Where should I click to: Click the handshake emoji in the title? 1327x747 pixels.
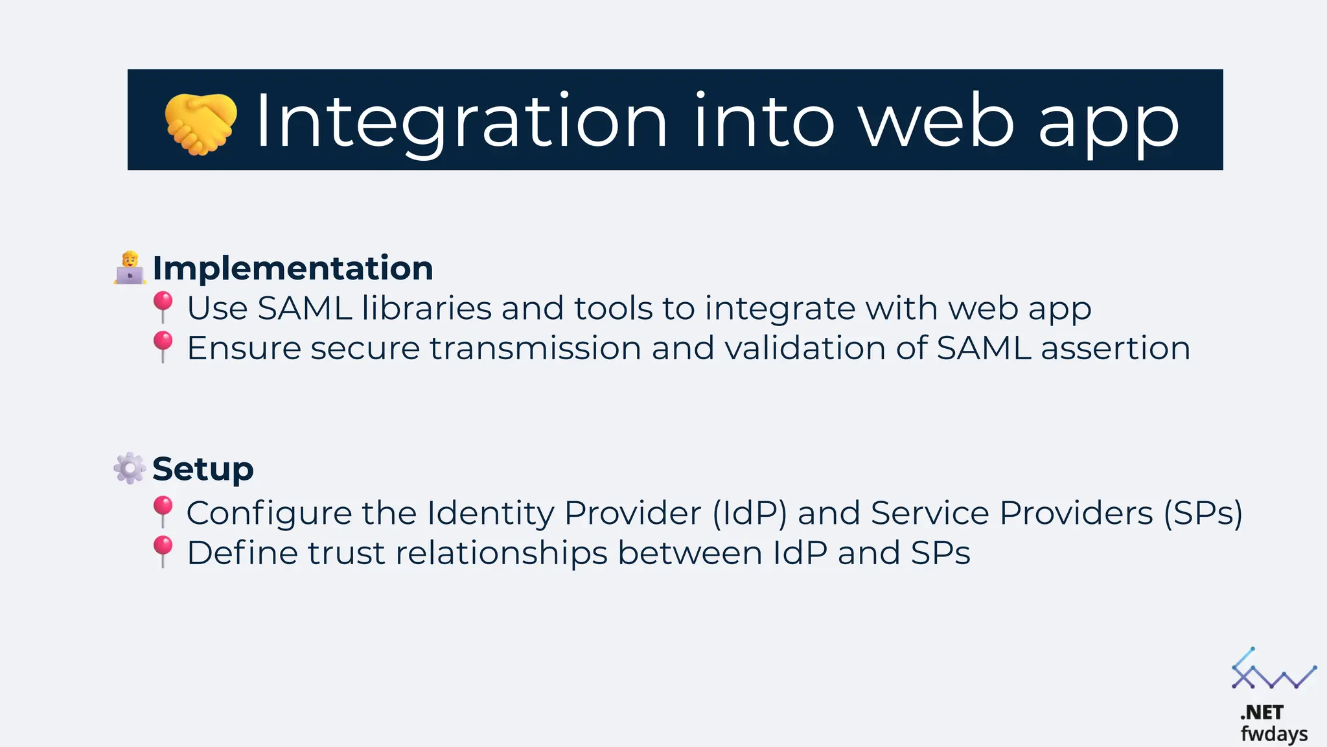click(x=200, y=124)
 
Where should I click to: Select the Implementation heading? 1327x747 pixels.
click(x=292, y=268)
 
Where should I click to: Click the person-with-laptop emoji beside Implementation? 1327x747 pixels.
click(x=130, y=268)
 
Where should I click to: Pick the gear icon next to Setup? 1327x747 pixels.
click(x=130, y=468)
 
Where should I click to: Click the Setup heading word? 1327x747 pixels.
click(x=203, y=469)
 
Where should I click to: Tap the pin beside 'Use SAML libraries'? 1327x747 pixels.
click(x=163, y=306)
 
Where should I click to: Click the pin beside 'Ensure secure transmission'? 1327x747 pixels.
click(x=163, y=346)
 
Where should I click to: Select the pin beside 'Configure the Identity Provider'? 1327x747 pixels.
click(x=163, y=511)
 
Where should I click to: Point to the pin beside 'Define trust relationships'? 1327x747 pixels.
click(x=163, y=551)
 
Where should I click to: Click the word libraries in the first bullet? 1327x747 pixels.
click(x=426, y=308)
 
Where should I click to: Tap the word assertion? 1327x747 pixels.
click(x=1115, y=348)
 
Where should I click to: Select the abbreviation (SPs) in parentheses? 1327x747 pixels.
click(x=1203, y=514)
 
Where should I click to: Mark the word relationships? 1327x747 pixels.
click(x=502, y=554)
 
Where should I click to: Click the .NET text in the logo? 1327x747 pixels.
click(x=1262, y=713)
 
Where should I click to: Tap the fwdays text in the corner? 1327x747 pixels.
click(x=1274, y=734)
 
